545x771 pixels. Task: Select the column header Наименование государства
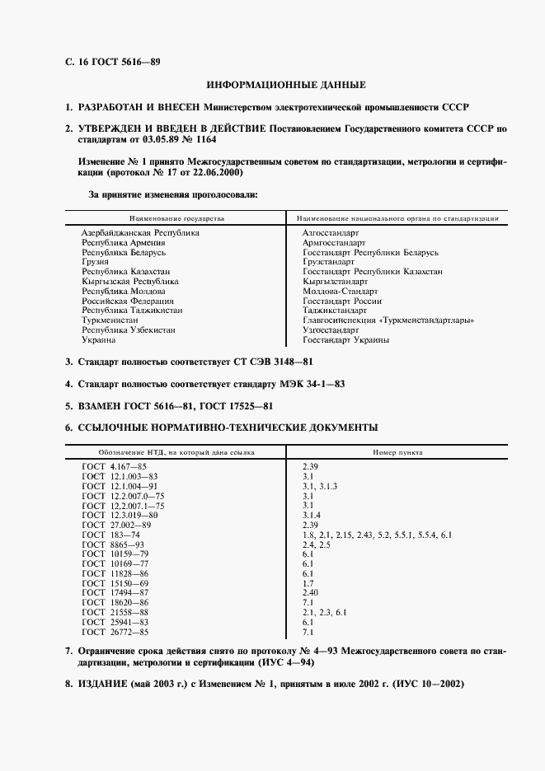(176, 219)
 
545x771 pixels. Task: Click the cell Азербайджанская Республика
(140, 233)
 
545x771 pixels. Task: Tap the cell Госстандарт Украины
(345, 340)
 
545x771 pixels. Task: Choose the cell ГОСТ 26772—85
(115, 633)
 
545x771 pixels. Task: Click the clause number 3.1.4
(314, 516)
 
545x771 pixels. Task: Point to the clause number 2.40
(311, 594)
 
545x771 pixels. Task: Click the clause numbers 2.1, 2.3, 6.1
(325, 614)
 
